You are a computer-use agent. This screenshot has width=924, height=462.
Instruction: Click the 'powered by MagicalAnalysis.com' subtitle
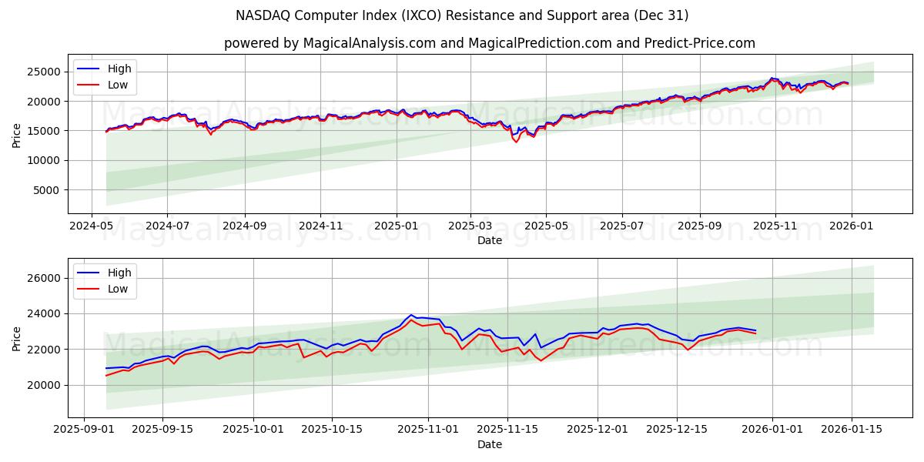[490, 43]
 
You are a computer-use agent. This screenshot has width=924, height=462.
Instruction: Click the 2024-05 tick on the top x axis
[92, 226]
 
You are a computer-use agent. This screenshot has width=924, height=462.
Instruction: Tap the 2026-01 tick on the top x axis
[851, 226]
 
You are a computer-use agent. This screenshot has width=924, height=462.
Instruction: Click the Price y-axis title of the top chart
[17, 135]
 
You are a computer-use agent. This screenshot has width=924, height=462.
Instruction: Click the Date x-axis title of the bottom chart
[490, 444]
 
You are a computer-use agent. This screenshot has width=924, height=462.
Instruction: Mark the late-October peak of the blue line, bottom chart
[412, 315]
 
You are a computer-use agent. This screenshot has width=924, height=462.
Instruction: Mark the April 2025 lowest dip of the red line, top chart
[516, 142]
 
